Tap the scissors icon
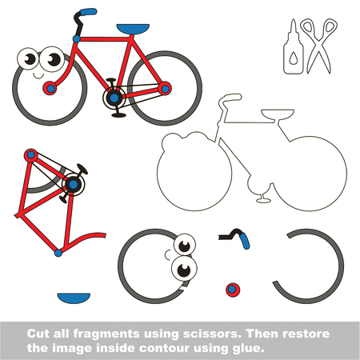[318, 46]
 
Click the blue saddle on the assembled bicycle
[133, 29]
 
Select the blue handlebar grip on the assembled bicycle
[88, 12]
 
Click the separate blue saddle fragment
[74, 298]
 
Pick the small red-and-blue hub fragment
[233, 290]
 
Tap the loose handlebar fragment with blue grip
[234, 238]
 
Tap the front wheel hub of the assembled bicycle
[50, 88]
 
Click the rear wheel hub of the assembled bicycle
[165, 89]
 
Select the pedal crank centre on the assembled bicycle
[114, 98]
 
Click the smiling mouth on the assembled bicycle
[38, 76]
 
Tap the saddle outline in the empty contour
[278, 114]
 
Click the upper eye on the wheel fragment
[185, 245]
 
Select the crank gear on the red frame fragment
[73, 184]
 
